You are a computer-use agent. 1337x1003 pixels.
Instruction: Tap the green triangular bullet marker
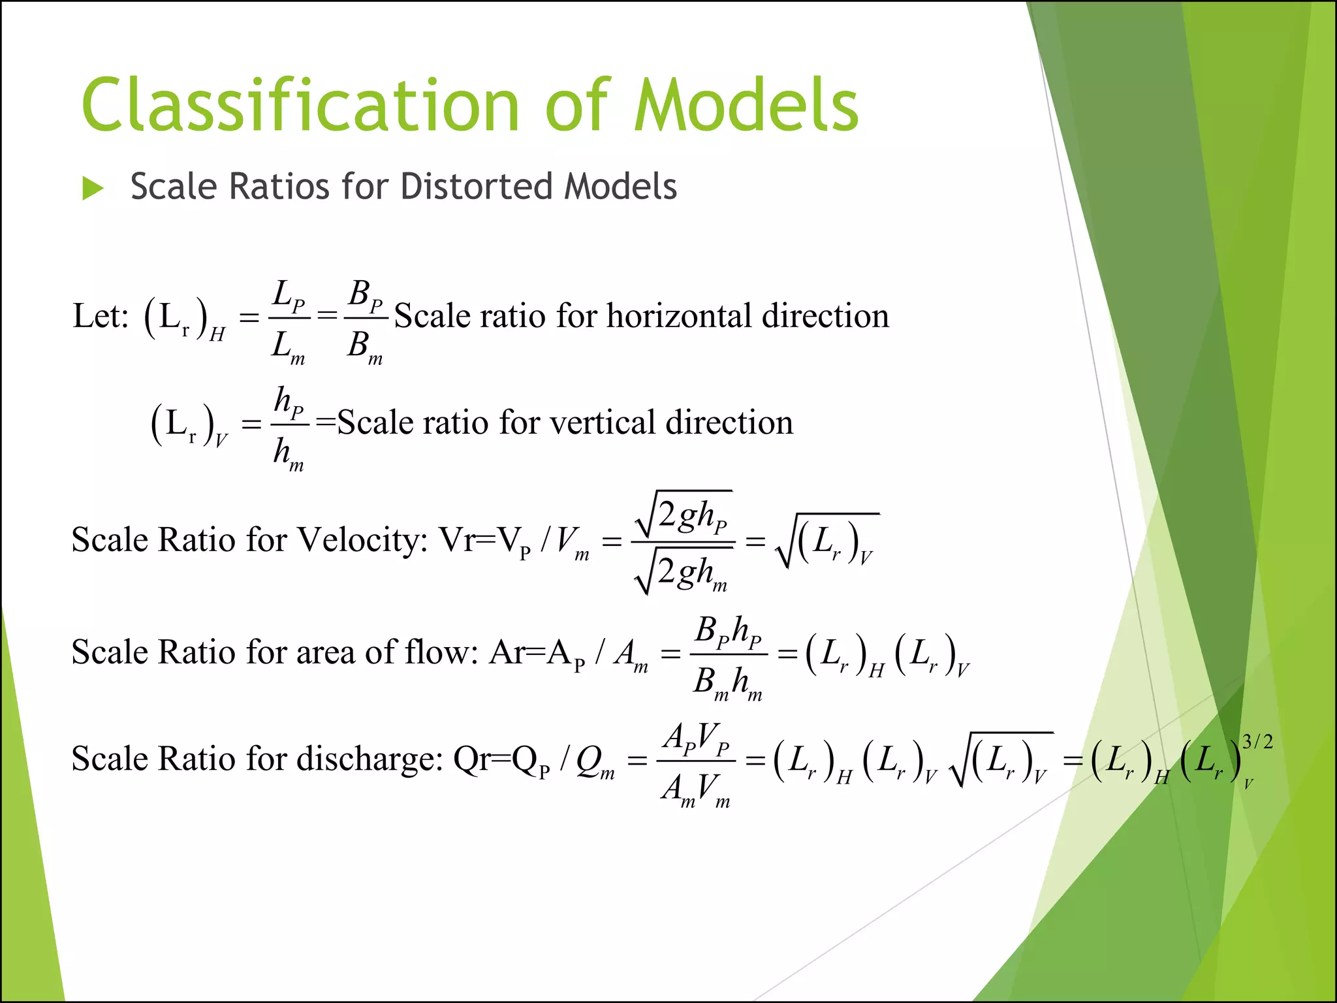pyautogui.click(x=93, y=189)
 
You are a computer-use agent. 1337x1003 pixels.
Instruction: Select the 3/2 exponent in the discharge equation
pyautogui.click(x=1257, y=742)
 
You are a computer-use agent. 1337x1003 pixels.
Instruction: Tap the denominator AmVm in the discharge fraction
pyautogui.click(x=696, y=789)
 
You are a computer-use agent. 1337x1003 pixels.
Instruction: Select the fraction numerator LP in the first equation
pyautogui.click(x=288, y=295)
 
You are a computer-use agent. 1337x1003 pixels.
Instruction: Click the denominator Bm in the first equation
pyautogui.click(x=364, y=346)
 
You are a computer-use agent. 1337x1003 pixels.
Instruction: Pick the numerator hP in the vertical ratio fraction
pyautogui.click(x=289, y=401)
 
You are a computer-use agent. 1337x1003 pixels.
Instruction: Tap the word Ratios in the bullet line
pyautogui.click(x=279, y=187)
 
